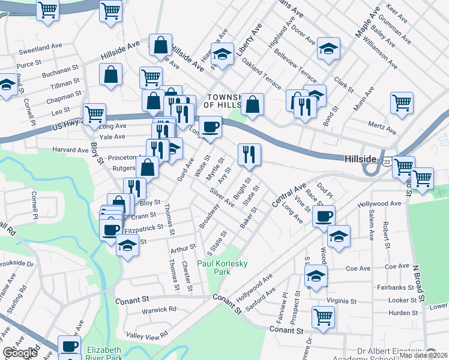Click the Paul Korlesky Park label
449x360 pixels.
point(223,267)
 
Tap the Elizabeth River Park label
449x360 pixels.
point(104,353)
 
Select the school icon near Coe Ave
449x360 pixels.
point(316,277)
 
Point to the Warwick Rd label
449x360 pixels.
point(159,310)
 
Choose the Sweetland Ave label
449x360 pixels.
point(40,46)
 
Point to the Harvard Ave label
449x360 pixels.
point(70,150)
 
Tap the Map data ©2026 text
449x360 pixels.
point(424,355)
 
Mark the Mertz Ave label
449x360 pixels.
point(382,128)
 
